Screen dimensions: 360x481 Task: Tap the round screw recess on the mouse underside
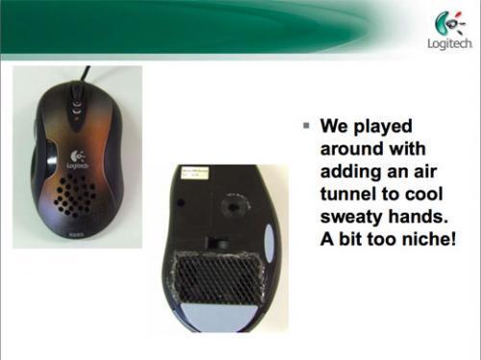coord(234,205)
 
